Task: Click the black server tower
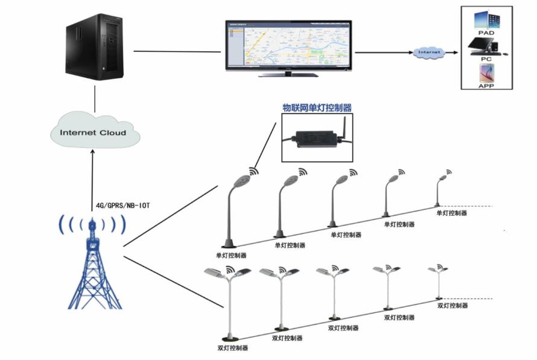point(95,47)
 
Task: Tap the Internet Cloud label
point(94,132)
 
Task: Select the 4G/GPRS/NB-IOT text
point(123,206)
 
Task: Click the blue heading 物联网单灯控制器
point(317,108)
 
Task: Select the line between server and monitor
point(176,51)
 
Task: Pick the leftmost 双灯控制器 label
point(232,348)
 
